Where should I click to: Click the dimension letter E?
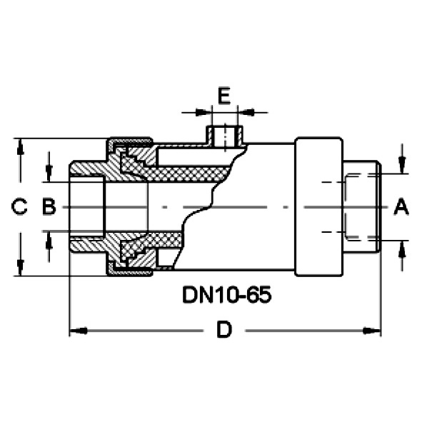pos(224,95)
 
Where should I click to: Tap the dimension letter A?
pos(401,206)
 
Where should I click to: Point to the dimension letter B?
pos(49,206)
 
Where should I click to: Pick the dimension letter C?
pos(19,206)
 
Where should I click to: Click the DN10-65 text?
pos(227,295)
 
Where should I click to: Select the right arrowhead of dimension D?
pos(372,331)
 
